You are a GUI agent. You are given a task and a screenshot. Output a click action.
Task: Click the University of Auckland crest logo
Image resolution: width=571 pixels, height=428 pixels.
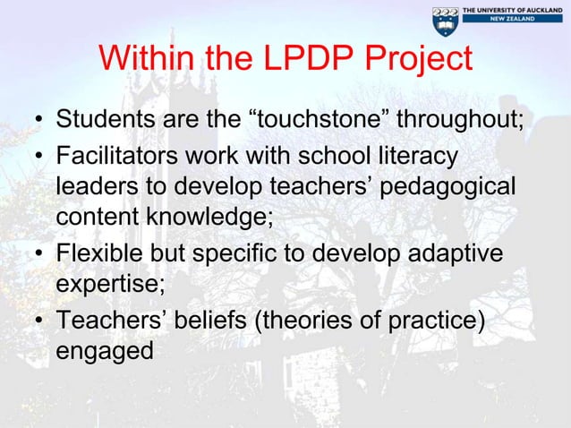(x=445, y=21)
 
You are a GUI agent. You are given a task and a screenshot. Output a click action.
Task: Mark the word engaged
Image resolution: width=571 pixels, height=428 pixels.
(x=103, y=351)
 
